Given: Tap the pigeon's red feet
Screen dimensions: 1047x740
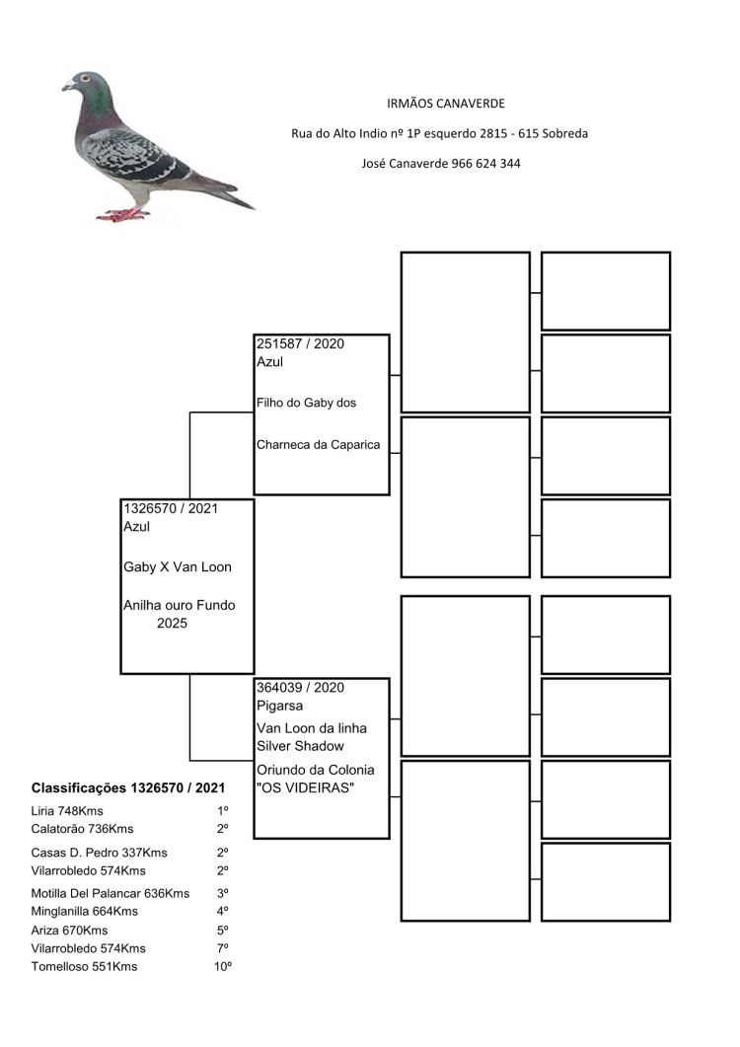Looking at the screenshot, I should tap(123, 214).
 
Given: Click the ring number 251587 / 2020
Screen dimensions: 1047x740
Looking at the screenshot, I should tap(300, 344).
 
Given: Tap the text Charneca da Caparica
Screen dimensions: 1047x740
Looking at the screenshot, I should tap(318, 444).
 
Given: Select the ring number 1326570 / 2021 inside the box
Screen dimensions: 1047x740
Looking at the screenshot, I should tap(171, 508).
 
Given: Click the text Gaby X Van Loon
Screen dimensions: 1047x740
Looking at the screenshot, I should tap(178, 567).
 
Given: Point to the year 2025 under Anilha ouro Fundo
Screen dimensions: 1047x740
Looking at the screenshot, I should tap(173, 624).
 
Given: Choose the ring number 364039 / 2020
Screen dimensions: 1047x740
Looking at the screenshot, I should tap(300, 687).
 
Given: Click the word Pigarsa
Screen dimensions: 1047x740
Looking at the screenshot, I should tap(279, 706).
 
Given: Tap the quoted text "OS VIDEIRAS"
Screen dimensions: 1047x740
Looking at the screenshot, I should tap(305, 787).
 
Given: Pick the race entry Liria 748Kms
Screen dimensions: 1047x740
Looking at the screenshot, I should tap(67, 811).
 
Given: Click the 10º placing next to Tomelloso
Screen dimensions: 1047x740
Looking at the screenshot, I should tap(223, 967).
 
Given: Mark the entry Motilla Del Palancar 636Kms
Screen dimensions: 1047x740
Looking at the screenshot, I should tap(111, 893).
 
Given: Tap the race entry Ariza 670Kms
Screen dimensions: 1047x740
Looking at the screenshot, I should tap(70, 931).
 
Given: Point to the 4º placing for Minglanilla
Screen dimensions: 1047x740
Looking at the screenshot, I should tap(223, 912).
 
